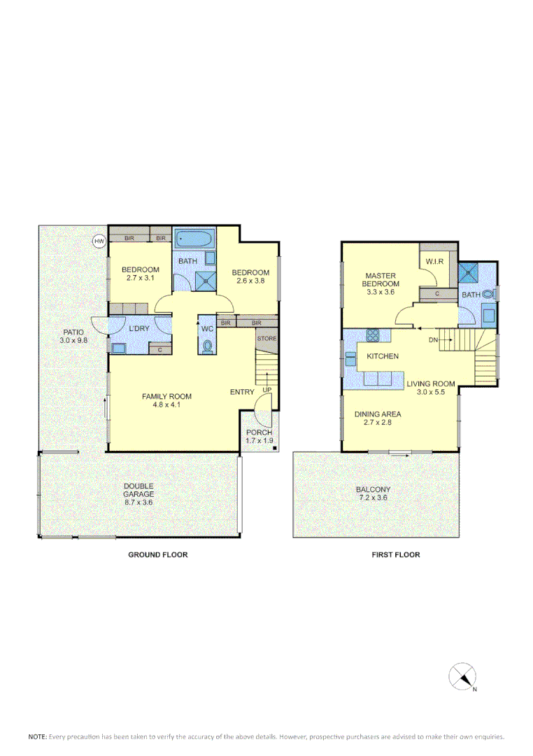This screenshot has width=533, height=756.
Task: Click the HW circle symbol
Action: click(99, 241)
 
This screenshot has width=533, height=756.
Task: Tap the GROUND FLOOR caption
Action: click(157, 554)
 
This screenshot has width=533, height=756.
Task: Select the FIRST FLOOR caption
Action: click(396, 554)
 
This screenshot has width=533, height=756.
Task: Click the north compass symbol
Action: click(462, 677)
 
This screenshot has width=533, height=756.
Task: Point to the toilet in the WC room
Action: click(207, 346)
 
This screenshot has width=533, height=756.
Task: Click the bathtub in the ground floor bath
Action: click(194, 239)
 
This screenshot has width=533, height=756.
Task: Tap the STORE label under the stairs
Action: click(266, 339)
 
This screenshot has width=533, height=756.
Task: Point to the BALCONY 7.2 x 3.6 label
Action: click(373, 493)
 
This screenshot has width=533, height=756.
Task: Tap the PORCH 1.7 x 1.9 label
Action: click(259, 437)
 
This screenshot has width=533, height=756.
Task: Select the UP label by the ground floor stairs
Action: click(266, 390)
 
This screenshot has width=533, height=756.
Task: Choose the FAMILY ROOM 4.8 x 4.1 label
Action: click(166, 400)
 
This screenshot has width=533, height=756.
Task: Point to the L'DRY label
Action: click(139, 328)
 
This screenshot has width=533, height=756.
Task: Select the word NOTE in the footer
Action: click(37, 736)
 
